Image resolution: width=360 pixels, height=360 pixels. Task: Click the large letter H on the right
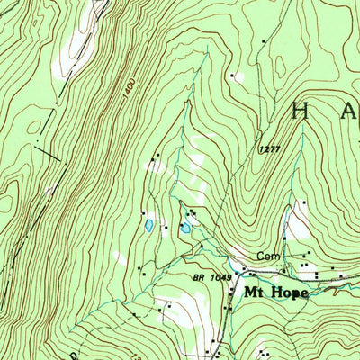(x=301, y=112)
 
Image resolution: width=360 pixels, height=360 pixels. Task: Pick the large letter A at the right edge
(x=351, y=112)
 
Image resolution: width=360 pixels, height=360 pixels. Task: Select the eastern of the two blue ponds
(x=185, y=229)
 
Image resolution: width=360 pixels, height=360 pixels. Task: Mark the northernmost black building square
(x=264, y=41)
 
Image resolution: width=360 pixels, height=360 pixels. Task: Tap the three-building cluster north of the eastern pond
(x=191, y=213)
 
